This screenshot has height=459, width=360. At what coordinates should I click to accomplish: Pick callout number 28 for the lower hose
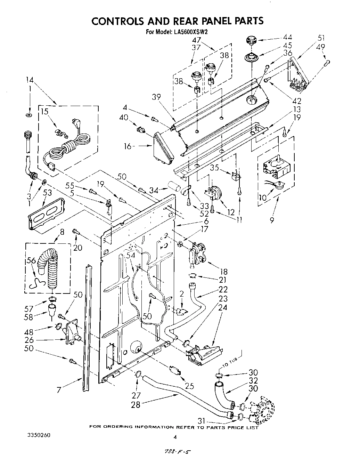click(x=136, y=404)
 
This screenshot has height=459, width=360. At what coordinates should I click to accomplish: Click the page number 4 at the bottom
click(x=175, y=437)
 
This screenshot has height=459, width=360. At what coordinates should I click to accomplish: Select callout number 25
click(x=189, y=386)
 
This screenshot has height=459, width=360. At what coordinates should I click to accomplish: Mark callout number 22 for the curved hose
click(x=223, y=289)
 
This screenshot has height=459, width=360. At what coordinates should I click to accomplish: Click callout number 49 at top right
click(x=321, y=47)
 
